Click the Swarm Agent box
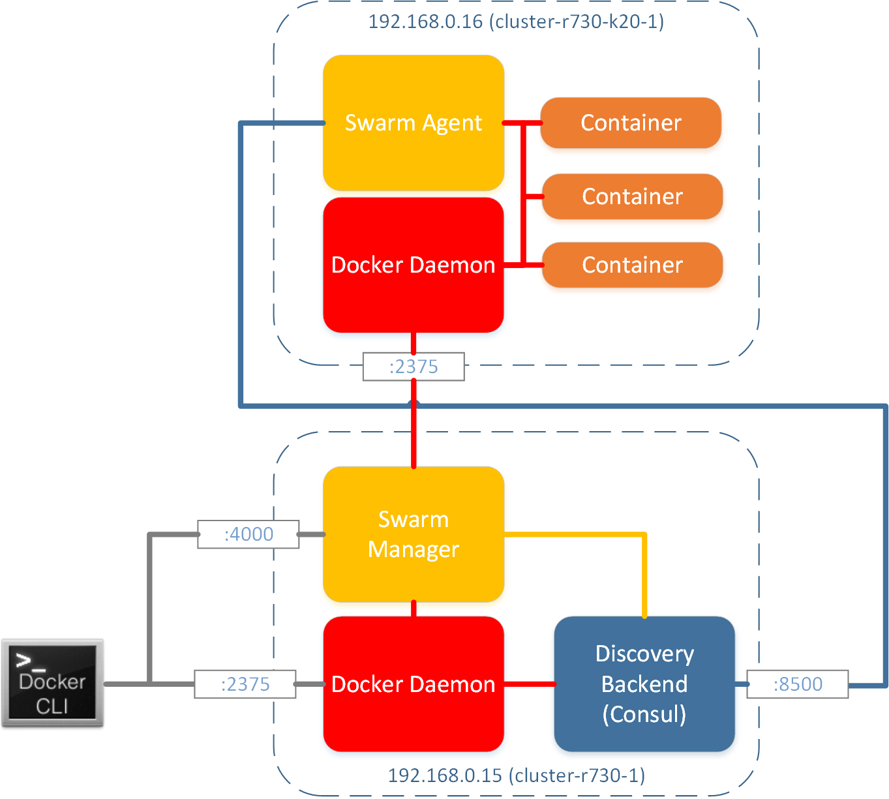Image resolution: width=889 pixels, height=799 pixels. tap(414, 157)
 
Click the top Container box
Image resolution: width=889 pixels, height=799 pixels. tap(631, 123)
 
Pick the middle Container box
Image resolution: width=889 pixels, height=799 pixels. tap(632, 196)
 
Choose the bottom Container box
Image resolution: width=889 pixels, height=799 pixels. tap(632, 265)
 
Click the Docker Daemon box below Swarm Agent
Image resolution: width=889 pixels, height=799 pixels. tap(414, 294)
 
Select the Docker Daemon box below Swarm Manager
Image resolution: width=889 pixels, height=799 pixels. tap(414, 717)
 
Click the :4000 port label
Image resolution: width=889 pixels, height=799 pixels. tap(249, 534)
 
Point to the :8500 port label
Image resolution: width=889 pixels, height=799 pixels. tap(797, 684)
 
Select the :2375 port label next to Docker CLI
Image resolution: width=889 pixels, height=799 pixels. tap(245, 684)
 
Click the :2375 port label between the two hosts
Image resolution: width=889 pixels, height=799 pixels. tap(414, 367)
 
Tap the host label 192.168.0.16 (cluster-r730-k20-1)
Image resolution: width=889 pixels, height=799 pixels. tap(516, 22)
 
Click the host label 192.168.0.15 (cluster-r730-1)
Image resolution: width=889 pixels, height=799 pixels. tap(516, 776)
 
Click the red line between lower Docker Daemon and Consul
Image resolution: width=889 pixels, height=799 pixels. tap(529, 684)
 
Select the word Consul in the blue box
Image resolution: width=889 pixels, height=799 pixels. tap(644, 714)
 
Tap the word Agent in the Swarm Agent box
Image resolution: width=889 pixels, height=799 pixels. tap(452, 123)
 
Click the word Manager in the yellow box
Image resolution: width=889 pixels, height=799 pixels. tap(414, 549)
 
